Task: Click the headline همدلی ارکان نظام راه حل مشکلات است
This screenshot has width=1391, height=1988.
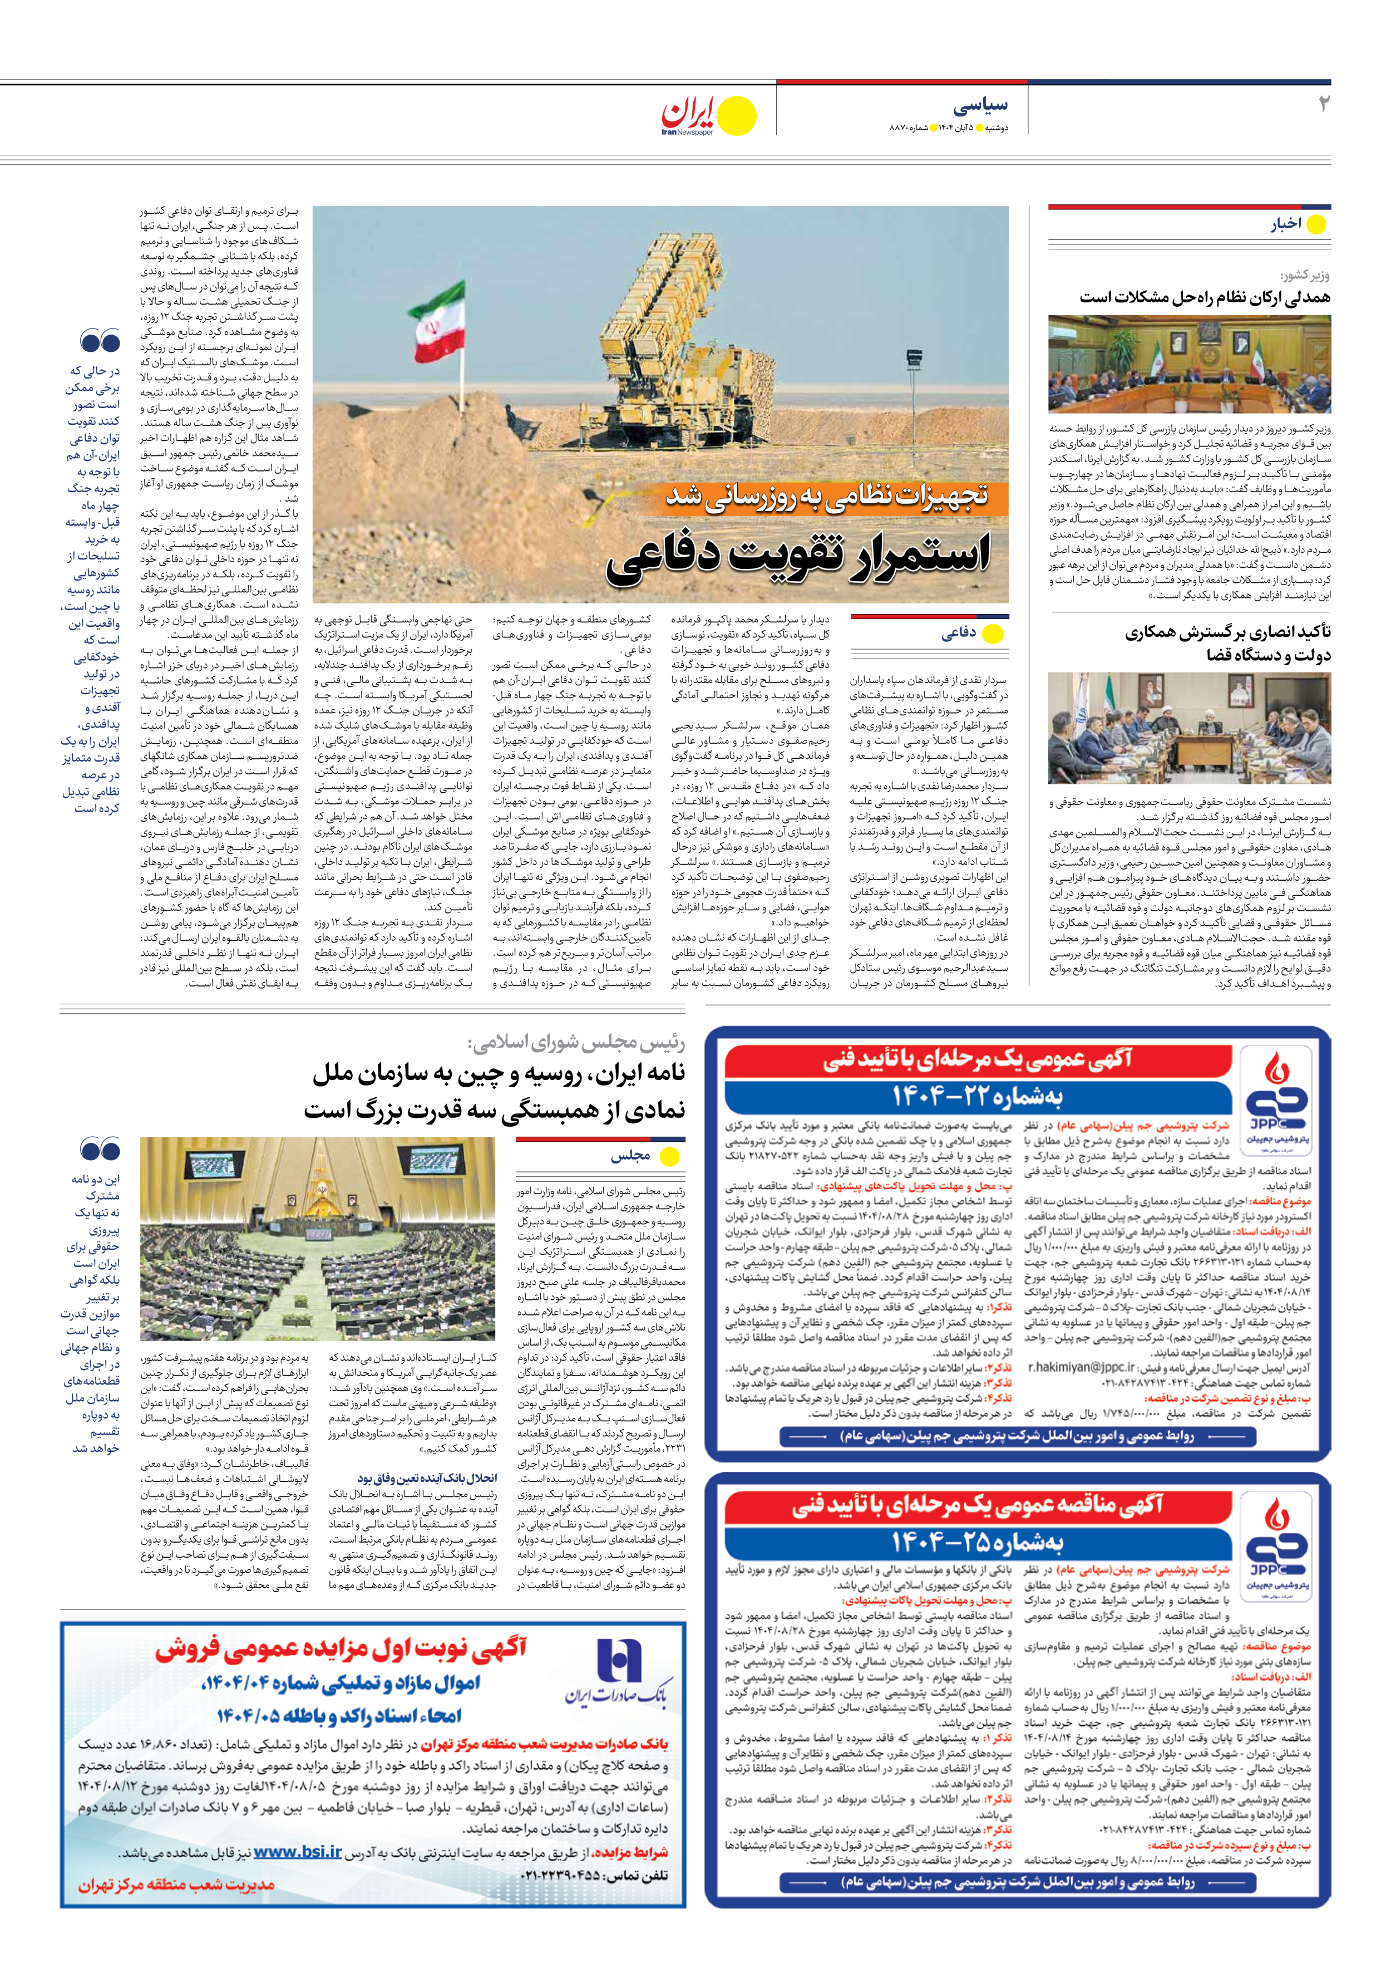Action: point(1204,297)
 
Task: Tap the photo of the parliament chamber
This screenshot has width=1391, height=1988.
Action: point(318,1238)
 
